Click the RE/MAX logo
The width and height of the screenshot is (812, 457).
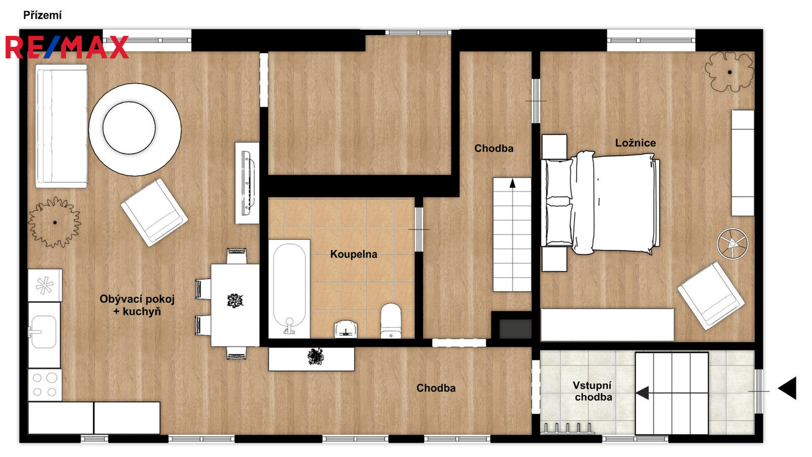point(67,47)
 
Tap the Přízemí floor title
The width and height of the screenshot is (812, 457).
point(43,15)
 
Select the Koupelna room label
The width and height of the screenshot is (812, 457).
point(353,254)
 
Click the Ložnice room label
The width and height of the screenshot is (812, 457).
point(635,143)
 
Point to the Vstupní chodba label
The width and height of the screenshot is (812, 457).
point(592,391)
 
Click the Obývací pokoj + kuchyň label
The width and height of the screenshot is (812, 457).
point(137,305)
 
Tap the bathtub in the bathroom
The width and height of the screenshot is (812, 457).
point(289,289)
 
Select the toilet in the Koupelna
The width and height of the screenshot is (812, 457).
point(391,320)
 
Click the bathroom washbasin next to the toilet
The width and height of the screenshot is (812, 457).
point(346,329)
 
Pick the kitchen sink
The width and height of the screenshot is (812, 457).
point(44,332)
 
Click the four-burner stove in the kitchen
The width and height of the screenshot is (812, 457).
point(45,385)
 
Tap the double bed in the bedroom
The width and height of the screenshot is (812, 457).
point(600,203)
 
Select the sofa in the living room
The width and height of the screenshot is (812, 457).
point(61,126)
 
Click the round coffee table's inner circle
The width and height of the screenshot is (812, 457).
point(129,127)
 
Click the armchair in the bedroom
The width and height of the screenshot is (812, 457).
point(711,296)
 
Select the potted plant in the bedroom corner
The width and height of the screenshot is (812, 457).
point(729,72)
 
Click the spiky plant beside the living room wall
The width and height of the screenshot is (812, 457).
point(55,222)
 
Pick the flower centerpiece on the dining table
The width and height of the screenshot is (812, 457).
point(235,301)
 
